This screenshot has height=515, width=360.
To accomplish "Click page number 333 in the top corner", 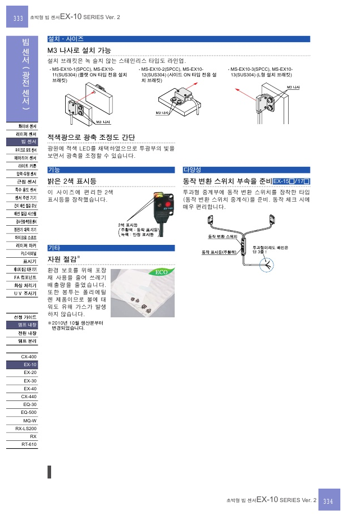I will [18, 19].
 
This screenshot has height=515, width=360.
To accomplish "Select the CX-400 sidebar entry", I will [29, 357].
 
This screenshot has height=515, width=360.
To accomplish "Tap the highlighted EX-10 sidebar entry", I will [30, 364].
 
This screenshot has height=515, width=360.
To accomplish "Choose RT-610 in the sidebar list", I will [29, 444].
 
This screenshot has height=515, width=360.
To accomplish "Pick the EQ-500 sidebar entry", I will [29, 412].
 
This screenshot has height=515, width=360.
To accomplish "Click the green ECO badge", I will [161, 273].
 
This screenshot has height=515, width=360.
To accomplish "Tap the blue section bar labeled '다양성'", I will [246, 170].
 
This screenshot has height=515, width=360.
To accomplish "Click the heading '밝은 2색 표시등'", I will [72, 181].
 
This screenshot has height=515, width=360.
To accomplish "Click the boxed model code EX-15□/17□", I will [291, 181].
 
